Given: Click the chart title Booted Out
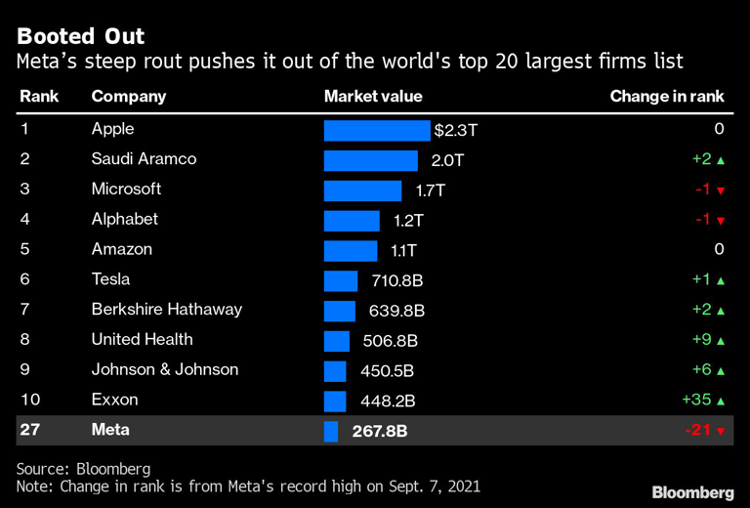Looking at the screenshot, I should [80, 37].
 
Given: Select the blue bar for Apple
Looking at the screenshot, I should [376, 130].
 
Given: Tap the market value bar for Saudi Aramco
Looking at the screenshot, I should [370, 160].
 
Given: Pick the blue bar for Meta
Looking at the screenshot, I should [330, 431].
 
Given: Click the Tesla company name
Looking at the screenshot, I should [110, 279].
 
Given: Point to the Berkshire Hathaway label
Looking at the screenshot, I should [166, 310].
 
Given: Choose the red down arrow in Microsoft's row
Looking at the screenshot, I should [720, 190].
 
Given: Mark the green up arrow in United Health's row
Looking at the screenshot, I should [720, 341].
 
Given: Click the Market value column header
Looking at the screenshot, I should [373, 96].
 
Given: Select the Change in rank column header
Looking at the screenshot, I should [667, 96].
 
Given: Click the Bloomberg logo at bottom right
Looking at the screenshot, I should [693, 491].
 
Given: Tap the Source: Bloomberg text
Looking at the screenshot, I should [83, 469].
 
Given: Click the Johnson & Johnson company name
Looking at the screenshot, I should [165, 370].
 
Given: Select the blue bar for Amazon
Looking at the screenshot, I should [350, 250].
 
